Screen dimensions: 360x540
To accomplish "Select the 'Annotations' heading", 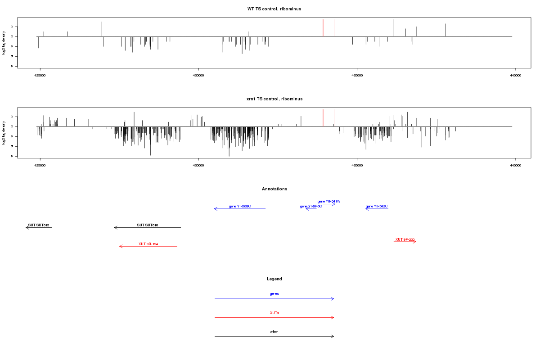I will tap(274, 189).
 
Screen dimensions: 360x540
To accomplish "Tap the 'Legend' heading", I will tap(274, 279).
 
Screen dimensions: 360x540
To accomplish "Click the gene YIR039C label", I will tap(240, 206).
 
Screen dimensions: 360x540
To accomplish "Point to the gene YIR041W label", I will tap(329, 201).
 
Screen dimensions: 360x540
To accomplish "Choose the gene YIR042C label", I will tap(377, 207).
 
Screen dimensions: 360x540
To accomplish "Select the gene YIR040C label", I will tap(311, 207).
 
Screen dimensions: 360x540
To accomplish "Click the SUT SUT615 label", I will tap(39, 225).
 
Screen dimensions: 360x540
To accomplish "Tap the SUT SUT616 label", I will tap(148, 225).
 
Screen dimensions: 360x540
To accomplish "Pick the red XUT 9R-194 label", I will tap(148, 244).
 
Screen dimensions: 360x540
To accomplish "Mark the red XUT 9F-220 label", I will tap(405, 239).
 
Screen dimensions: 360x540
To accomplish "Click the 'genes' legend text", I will tap(274, 294).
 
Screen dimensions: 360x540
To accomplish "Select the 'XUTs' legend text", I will tap(274, 313).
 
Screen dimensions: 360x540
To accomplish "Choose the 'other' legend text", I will tap(274, 332).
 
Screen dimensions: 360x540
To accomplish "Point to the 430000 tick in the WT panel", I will tap(198, 76).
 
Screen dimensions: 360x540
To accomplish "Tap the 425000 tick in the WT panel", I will tap(40, 76).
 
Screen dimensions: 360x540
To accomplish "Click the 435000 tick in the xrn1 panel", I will tap(357, 166).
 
